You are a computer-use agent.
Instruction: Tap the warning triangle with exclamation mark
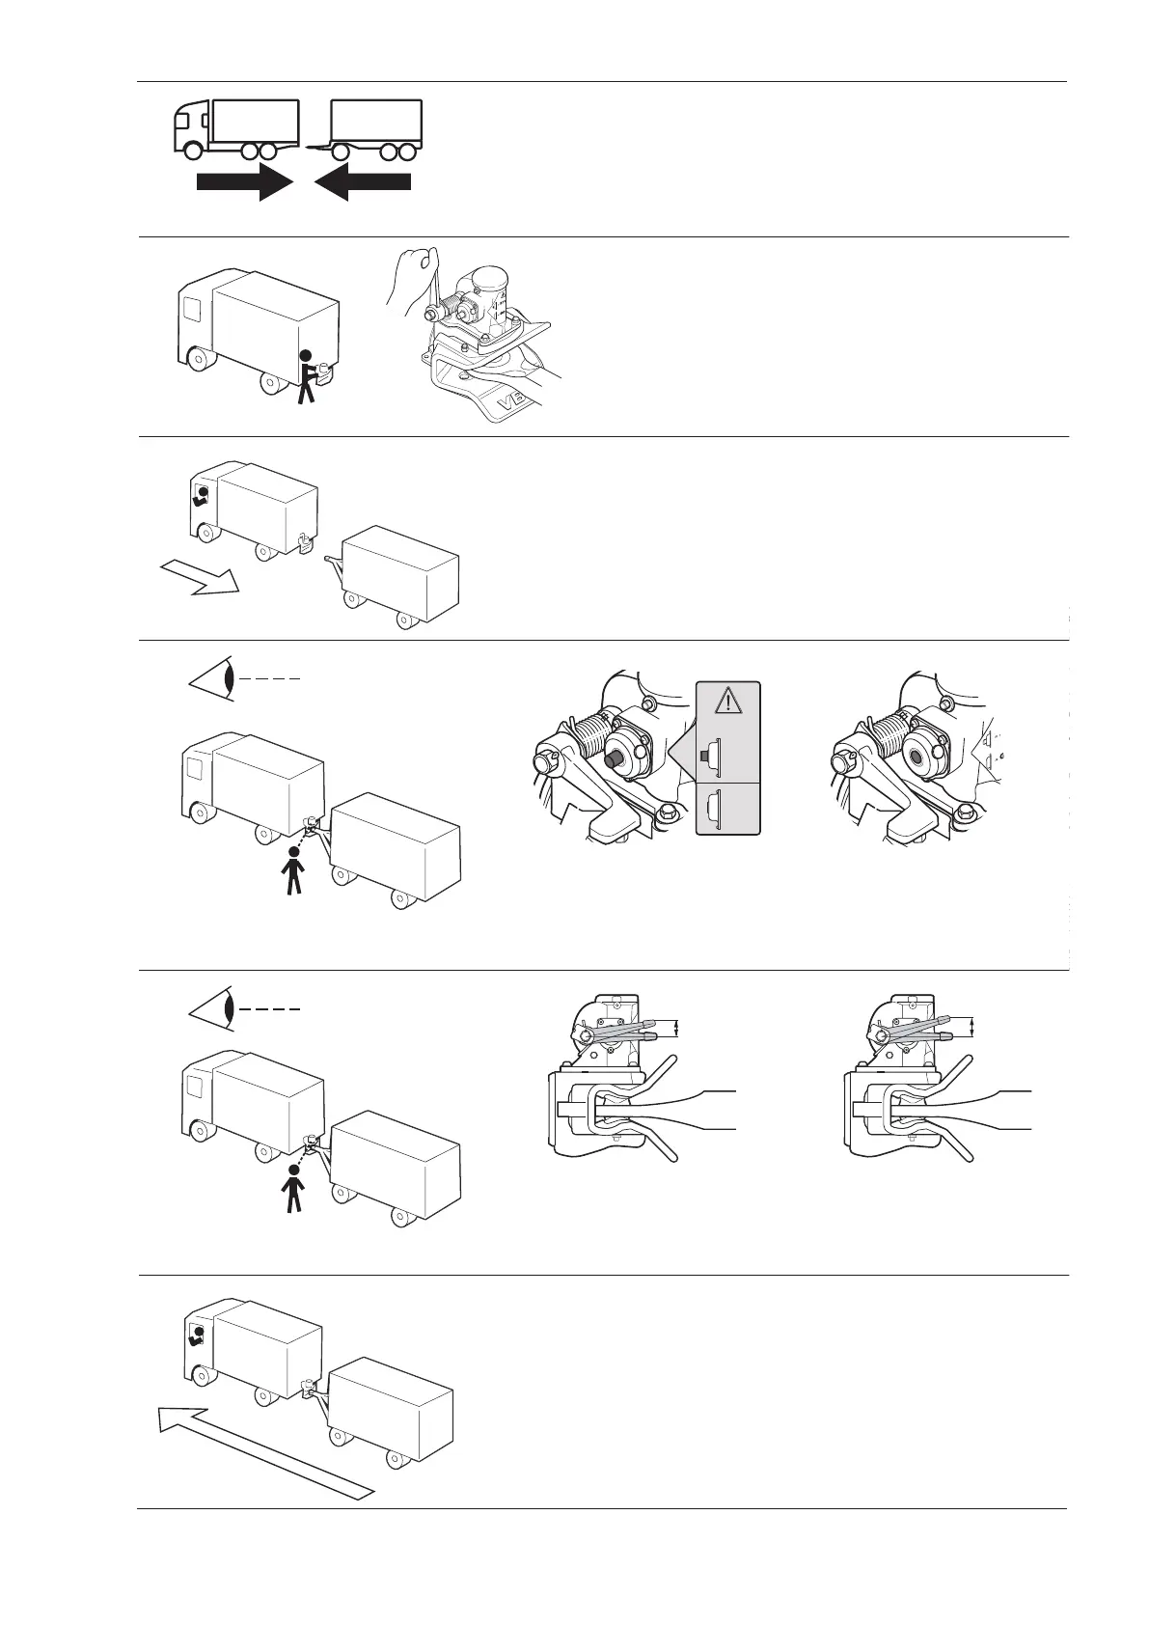[728, 699]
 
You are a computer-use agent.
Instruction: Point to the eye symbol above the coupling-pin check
[213, 678]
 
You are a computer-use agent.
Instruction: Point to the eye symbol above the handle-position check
[213, 1007]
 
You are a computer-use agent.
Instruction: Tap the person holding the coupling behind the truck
[307, 376]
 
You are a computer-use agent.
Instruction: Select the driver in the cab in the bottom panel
[197, 1336]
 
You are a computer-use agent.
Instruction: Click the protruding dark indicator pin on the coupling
[612, 759]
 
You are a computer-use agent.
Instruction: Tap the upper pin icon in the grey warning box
[715, 756]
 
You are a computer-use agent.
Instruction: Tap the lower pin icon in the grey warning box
[715, 809]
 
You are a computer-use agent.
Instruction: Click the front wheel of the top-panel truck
[195, 151]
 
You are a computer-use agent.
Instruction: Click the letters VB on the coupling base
[508, 400]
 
